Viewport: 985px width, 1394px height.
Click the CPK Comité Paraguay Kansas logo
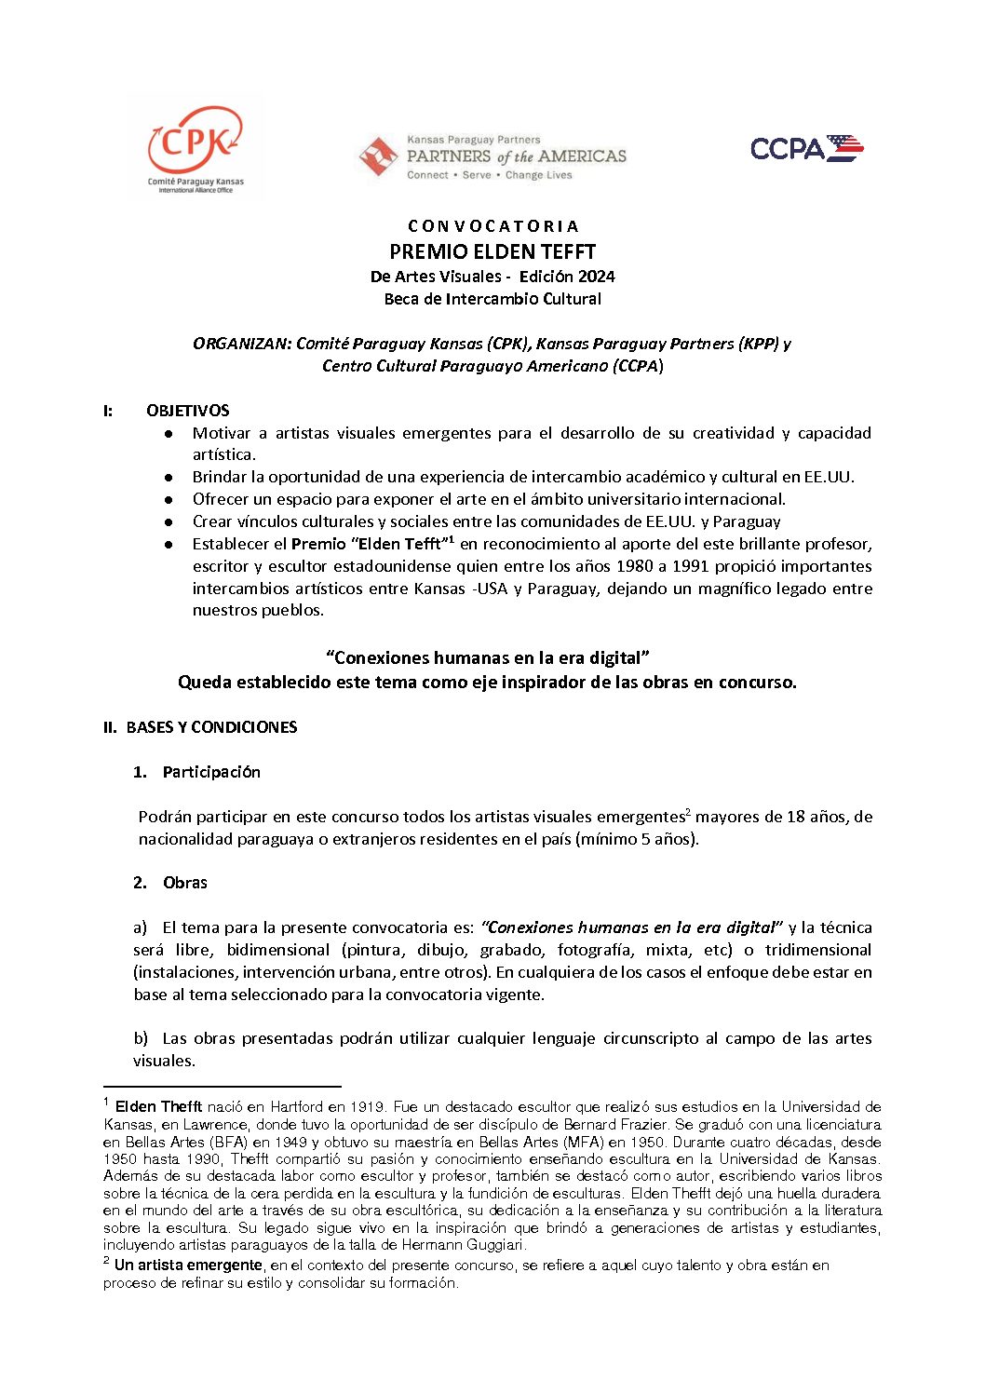tap(196, 149)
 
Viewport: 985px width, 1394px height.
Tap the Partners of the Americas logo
tap(492, 157)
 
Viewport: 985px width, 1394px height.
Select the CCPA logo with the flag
tap(806, 148)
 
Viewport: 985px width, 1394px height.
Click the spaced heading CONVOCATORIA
tap(492, 226)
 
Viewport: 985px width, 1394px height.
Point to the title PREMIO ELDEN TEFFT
tap(492, 251)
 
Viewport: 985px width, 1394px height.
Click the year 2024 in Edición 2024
tap(595, 277)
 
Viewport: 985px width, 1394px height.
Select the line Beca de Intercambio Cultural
tap(492, 299)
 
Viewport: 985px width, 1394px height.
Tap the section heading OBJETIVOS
tap(187, 411)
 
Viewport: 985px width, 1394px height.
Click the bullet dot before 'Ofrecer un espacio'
tap(169, 500)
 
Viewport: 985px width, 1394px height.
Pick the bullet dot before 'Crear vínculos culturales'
tap(169, 522)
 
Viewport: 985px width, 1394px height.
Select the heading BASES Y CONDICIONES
tap(211, 727)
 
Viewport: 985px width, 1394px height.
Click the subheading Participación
tap(211, 772)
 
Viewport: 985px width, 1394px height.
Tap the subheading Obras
tap(185, 883)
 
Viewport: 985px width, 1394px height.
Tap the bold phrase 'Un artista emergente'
tap(188, 1265)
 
